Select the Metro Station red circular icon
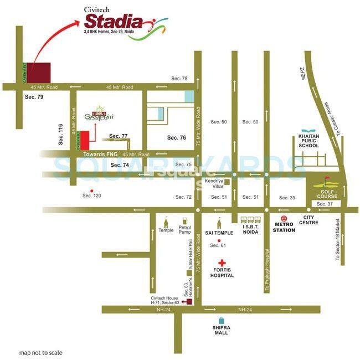[x=284, y=218]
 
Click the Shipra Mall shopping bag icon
[x=222, y=320]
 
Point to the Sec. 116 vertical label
[x=61, y=135]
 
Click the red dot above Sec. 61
[x=220, y=240]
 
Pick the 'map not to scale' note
[x=41, y=353]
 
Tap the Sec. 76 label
[x=178, y=137]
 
